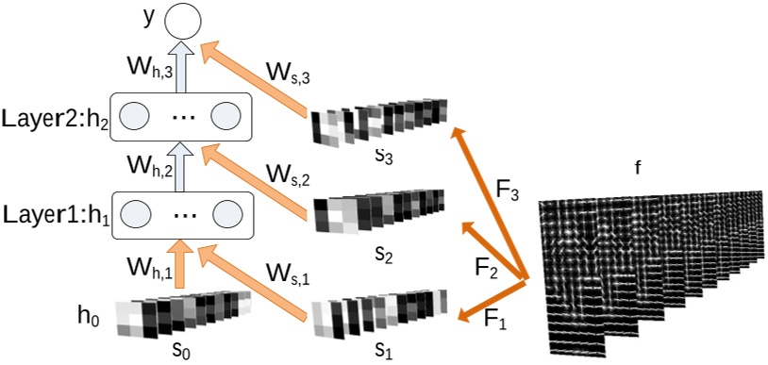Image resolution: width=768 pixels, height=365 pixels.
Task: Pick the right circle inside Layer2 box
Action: [226, 116]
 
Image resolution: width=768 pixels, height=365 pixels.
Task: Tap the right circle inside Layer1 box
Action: [226, 212]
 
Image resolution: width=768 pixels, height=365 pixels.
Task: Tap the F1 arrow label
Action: [496, 318]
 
